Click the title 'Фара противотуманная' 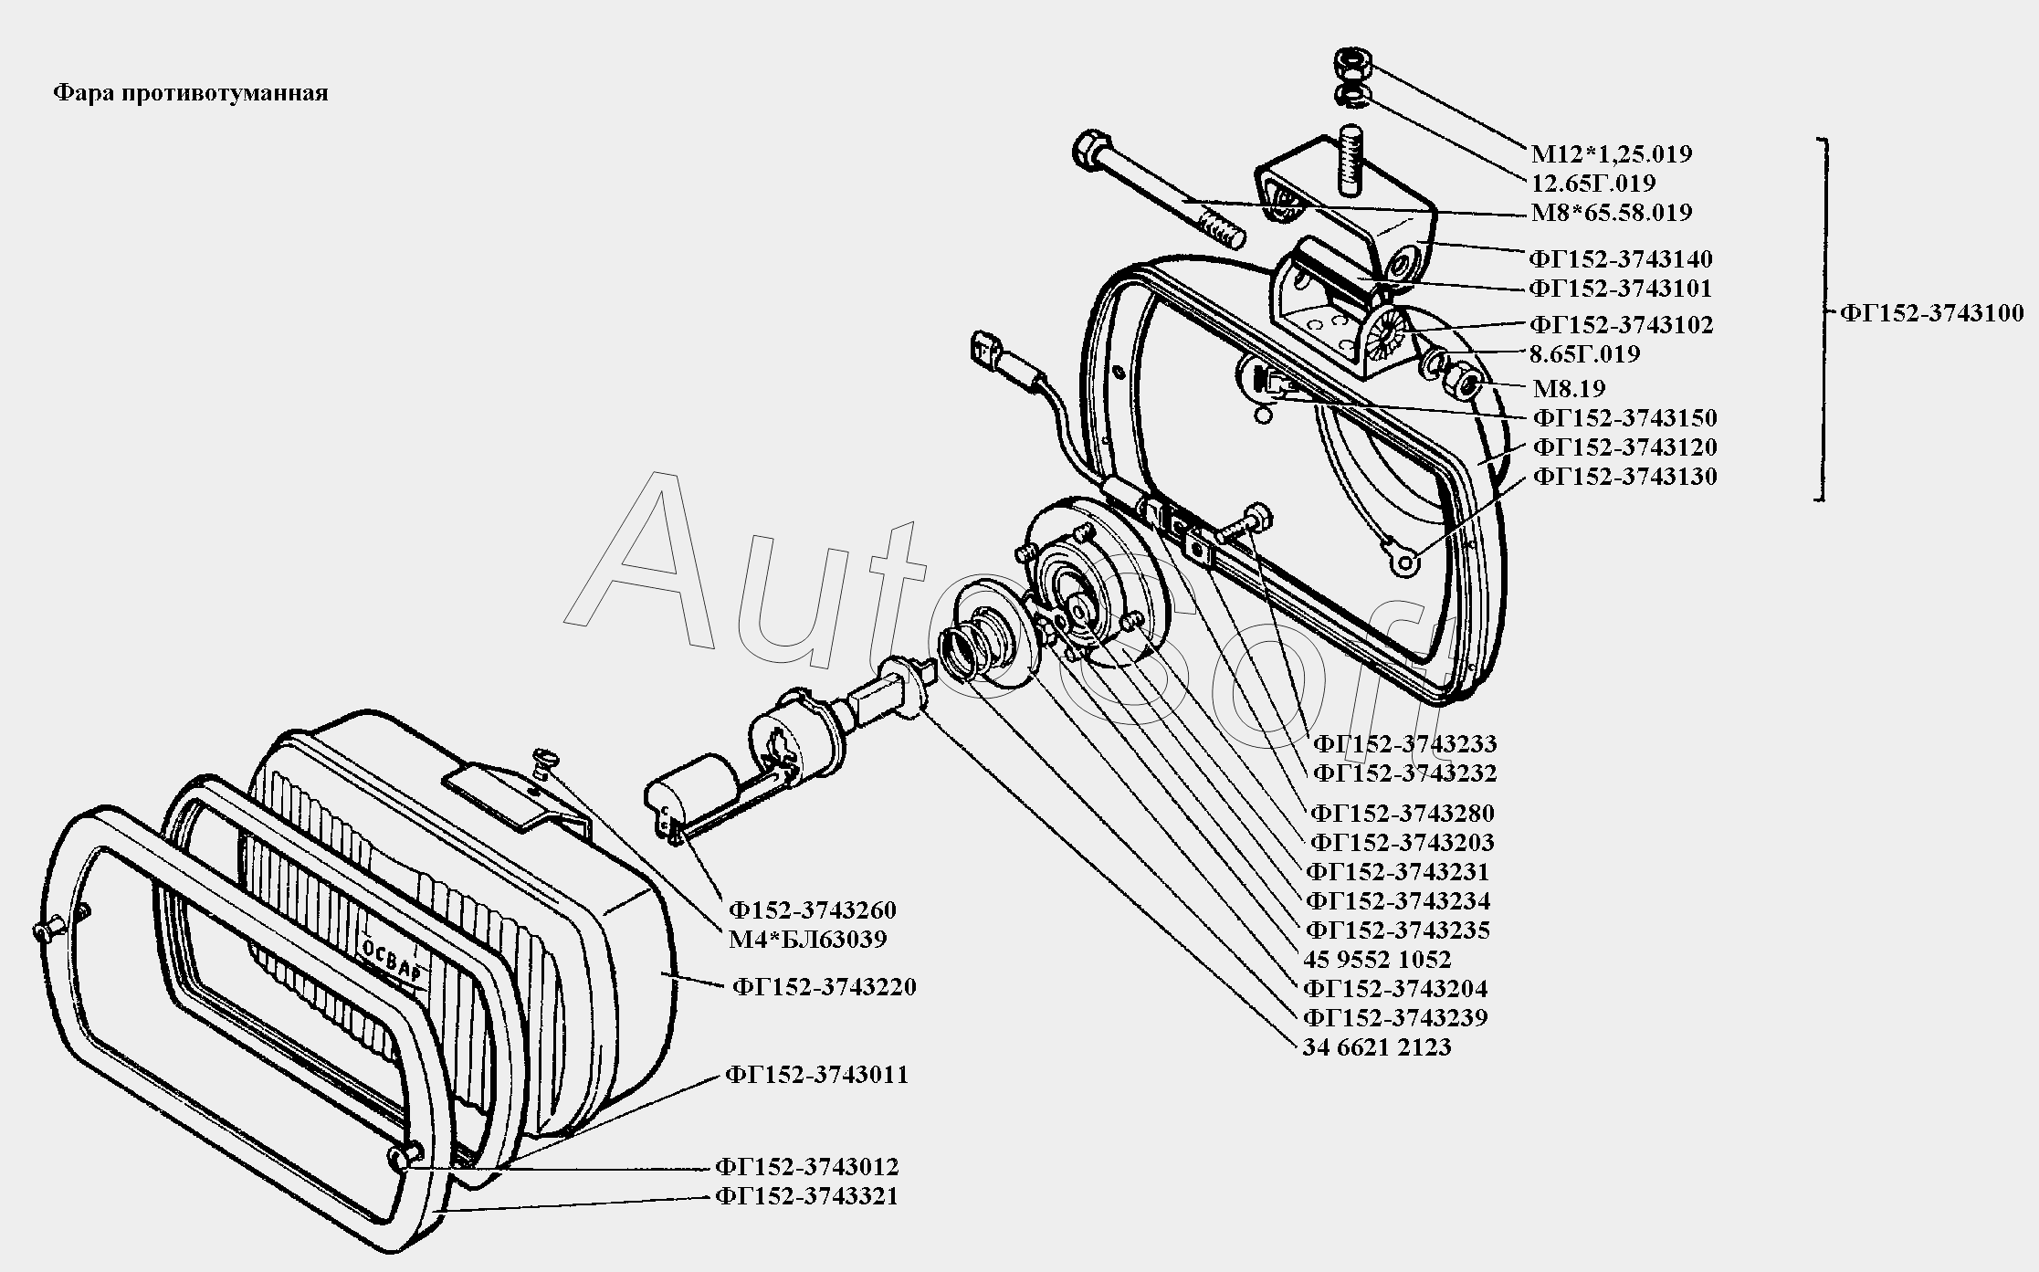pos(190,93)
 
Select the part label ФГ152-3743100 pos(1931,312)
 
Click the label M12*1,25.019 pos(1612,153)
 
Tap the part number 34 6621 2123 pos(1377,1046)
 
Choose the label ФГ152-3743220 pos(824,987)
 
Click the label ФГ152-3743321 pos(807,1196)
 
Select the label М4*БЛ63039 pos(807,939)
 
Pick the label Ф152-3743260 pos(812,909)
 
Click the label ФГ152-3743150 pos(1624,417)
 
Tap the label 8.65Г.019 pos(1585,353)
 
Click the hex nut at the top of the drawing pos(1350,64)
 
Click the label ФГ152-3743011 pos(817,1074)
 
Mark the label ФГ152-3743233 pos(1404,743)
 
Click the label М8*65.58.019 pos(1612,212)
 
